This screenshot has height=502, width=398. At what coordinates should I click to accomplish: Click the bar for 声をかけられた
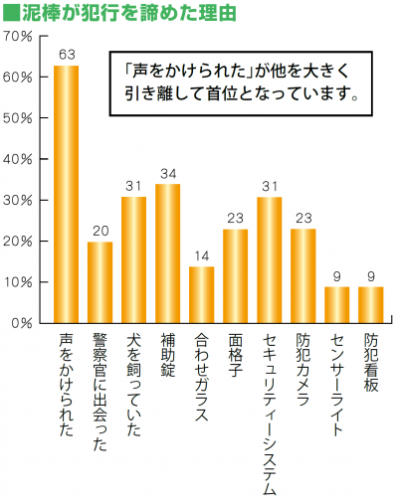tap(66, 194)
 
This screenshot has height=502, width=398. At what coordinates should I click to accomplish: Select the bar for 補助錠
tap(167, 253)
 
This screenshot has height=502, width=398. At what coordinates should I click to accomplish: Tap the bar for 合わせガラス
tap(201, 294)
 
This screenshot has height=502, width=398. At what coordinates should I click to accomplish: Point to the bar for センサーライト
tap(336, 304)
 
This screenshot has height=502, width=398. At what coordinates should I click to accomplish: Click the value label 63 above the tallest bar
tap(67, 55)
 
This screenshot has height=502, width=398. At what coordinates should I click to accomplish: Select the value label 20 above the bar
tap(99, 232)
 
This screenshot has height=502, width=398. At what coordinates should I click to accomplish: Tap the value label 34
tap(167, 174)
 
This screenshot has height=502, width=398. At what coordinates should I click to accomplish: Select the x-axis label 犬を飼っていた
tap(133, 385)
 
